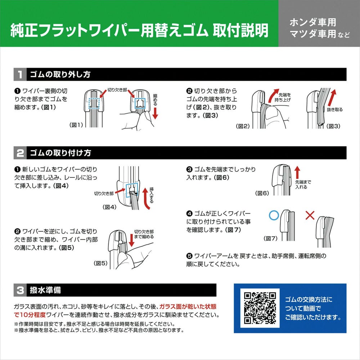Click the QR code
click(x=260, y=308)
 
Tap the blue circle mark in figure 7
click(x=274, y=216)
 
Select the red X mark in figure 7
click(x=310, y=215)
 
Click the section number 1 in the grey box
click(x=20, y=75)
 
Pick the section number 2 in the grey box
click(x=20, y=153)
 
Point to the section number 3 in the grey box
click(x=20, y=290)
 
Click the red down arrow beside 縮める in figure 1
click(x=156, y=113)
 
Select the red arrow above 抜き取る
click(x=332, y=98)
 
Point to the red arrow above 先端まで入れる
click(x=297, y=172)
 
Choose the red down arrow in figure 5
click(x=131, y=240)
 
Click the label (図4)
click(x=109, y=207)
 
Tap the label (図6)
click(x=262, y=193)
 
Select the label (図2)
click(x=243, y=126)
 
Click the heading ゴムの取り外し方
click(x=60, y=75)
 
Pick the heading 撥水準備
click(x=45, y=290)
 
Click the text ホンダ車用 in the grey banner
click(x=313, y=22)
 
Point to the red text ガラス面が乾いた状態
click(x=188, y=306)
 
